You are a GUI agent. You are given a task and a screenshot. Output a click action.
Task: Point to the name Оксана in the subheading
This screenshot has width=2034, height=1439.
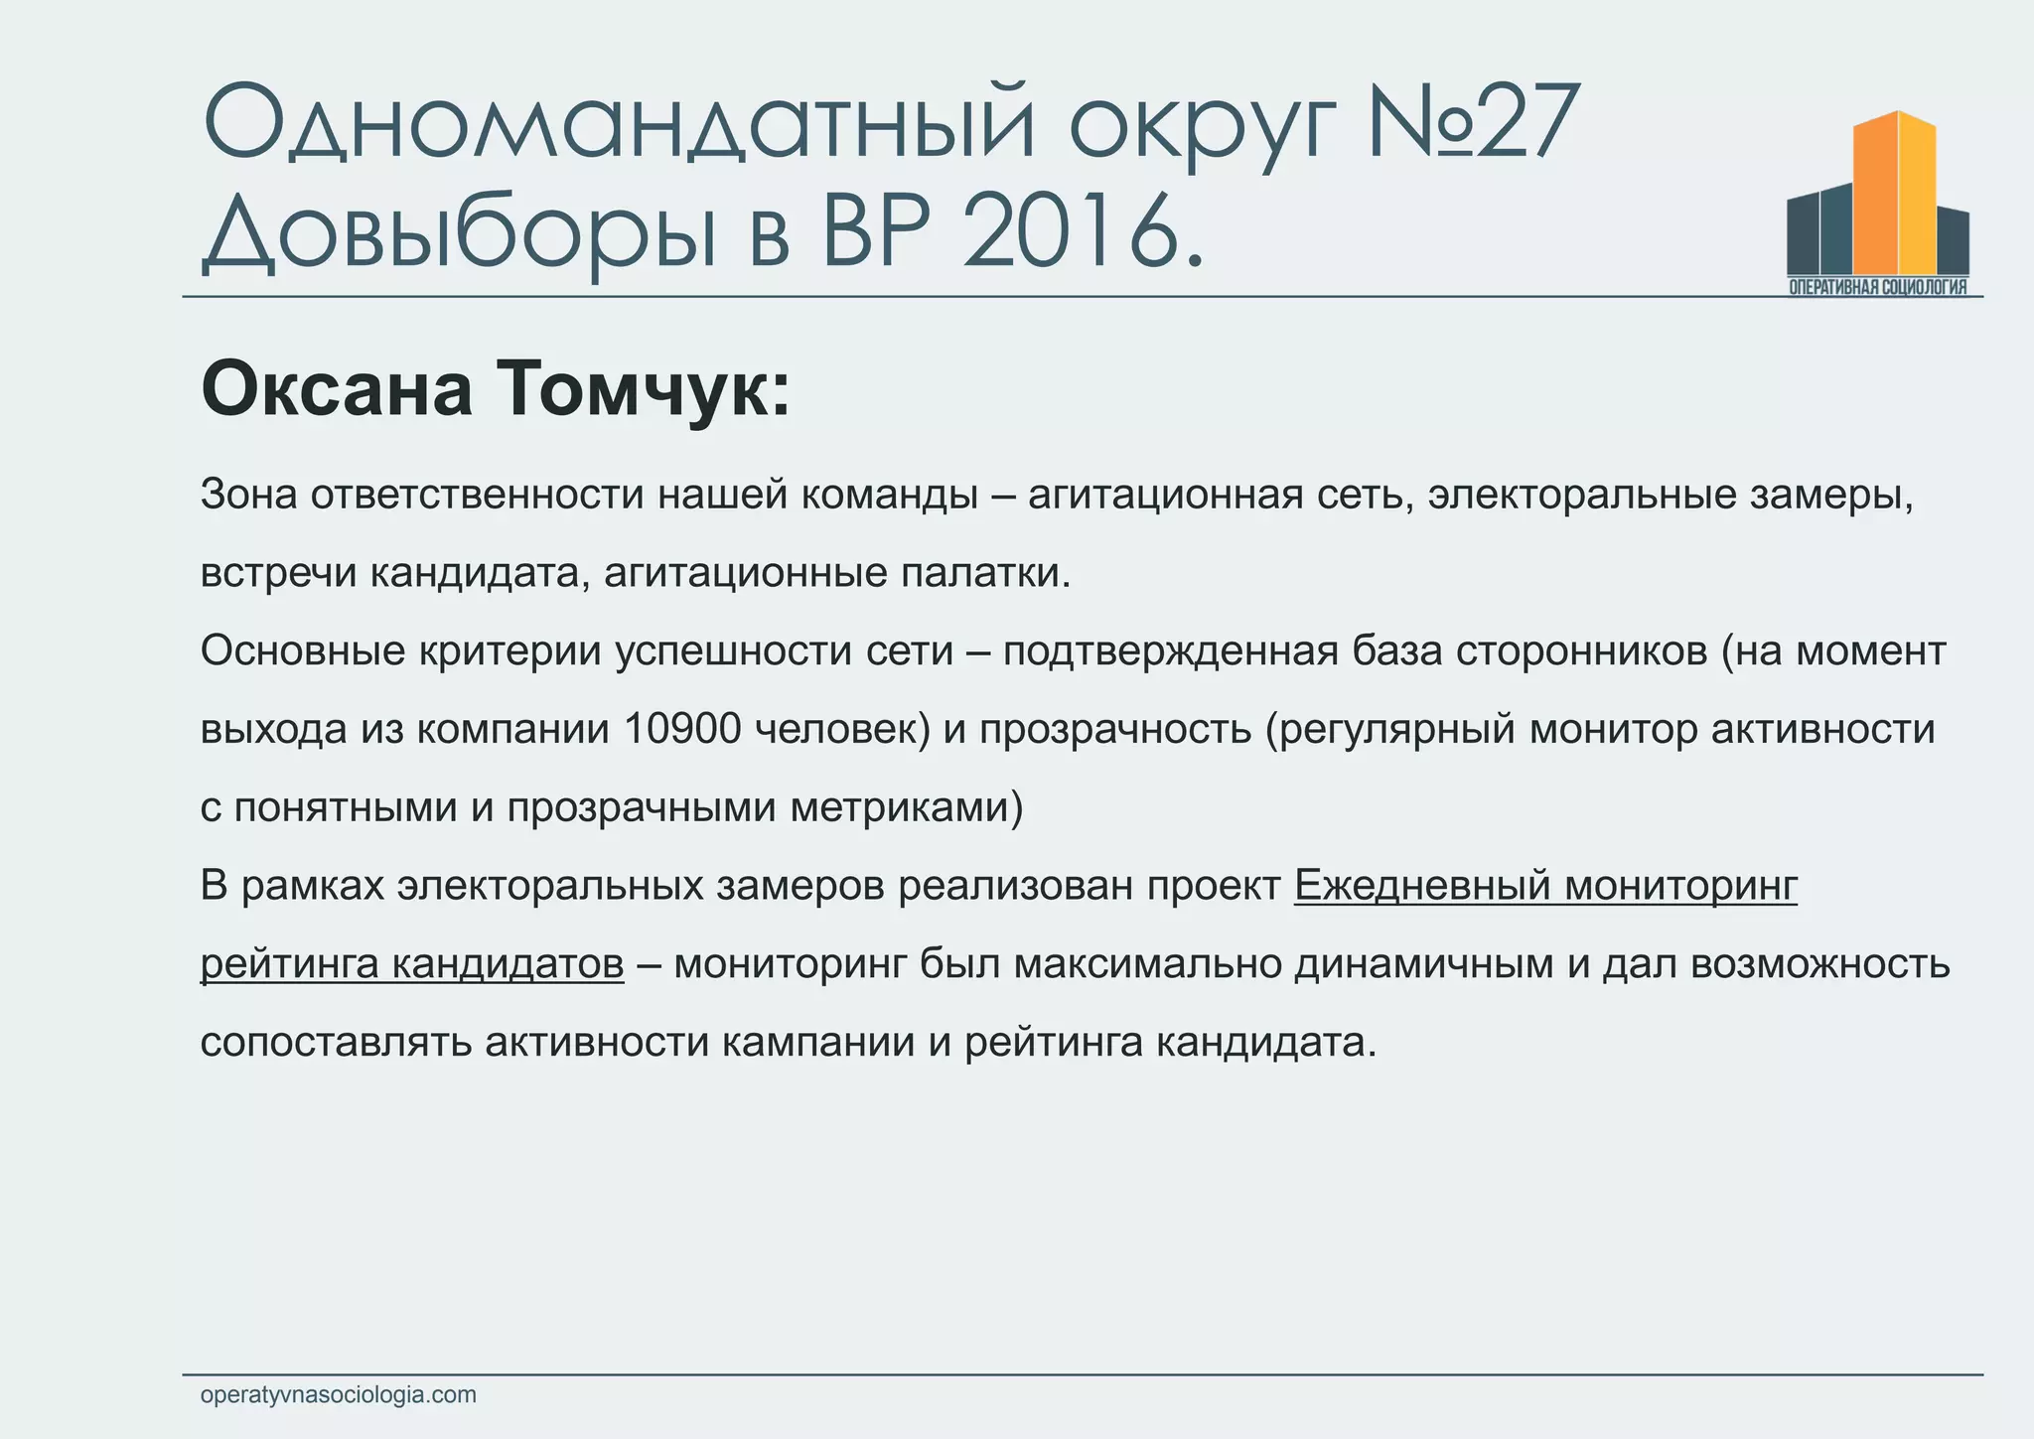(x=338, y=390)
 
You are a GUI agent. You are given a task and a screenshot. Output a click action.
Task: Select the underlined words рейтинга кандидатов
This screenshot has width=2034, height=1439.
(x=412, y=963)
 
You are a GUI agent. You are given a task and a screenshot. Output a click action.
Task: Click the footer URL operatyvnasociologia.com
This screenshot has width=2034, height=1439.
(x=338, y=1394)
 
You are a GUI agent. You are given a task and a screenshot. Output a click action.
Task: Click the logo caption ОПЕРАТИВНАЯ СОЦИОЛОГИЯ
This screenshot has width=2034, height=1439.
(x=1877, y=287)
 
